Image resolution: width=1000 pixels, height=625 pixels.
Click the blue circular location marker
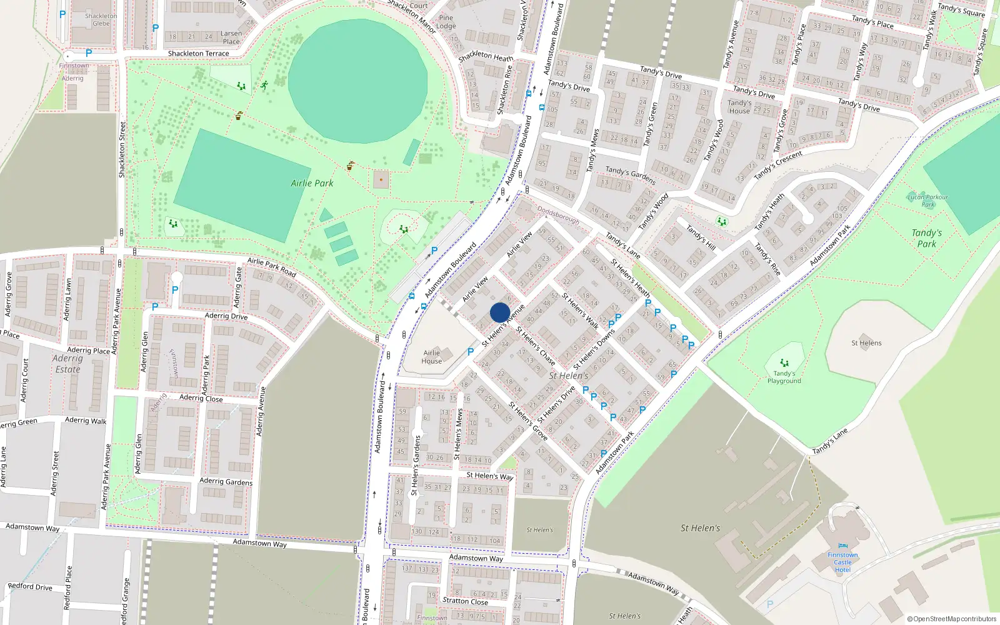(500, 312)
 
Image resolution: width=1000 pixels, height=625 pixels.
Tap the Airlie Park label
(312, 183)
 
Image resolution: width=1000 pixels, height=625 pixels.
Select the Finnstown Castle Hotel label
(842, 562)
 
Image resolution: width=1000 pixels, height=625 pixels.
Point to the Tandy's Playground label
(784, 377)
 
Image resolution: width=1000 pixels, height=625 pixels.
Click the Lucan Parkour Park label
(927, 201)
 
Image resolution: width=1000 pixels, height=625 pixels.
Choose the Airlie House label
(431, 357)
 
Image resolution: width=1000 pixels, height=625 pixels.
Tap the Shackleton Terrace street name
(198, 54)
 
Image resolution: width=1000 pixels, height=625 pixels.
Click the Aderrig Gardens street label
(226, 481)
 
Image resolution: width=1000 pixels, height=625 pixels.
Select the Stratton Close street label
(465, 601)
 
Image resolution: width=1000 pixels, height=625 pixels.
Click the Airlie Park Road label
(271, 267)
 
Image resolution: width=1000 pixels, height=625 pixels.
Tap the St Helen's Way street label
(489, 476)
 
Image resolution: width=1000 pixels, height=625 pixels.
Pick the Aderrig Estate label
(67, 364)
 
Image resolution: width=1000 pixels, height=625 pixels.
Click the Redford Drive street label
(30, 586)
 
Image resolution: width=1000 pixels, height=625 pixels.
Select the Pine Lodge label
(446, 22)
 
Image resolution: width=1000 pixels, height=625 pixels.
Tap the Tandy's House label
(739, 107)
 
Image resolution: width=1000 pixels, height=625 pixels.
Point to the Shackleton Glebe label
(101, 20)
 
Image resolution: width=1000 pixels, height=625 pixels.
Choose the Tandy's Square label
(961, 10)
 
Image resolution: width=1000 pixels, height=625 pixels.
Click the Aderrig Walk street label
(86, 421)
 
